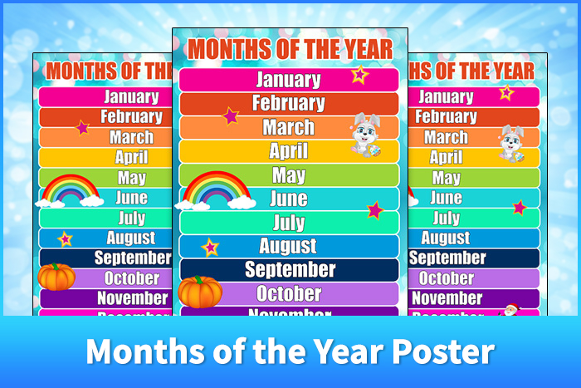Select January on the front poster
tap(288, 80)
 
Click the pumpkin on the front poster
tap(200, 292)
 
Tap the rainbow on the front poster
tap(217, 190)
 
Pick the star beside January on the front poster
tap(359, 75)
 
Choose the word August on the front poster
tap(287, 246)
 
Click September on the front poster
tap(290, 270)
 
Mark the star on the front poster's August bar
tap(210, 247)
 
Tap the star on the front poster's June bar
tap(375, 209)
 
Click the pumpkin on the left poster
tap(56, 277)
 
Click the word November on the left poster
tap(133, 297)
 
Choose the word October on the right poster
tap(447, 278)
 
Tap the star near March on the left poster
tap(82, 127)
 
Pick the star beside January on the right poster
tap(505, 92)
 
